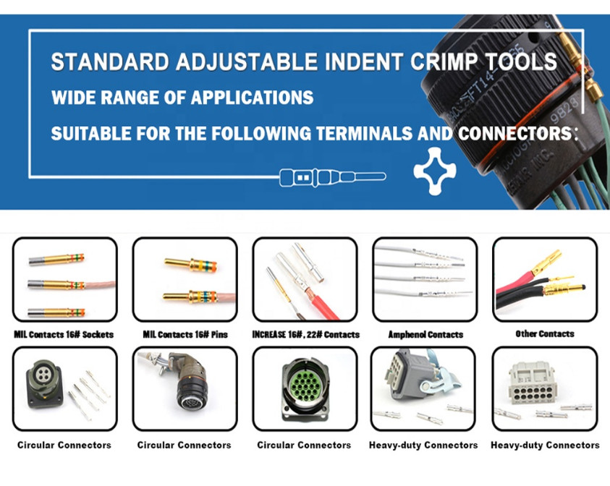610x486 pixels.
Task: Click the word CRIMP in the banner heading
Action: (x=444, y=61)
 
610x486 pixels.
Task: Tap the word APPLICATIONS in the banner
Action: (x=252, y=97)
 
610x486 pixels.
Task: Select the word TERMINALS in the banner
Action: (x=364, y=133)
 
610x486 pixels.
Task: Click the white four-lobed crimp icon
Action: (x=435, y=171)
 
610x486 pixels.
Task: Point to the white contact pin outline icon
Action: (x=333, y=177)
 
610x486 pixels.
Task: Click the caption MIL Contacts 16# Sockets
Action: (x=64, y=334)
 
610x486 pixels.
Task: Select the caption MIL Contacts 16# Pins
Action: (x=185, y=334)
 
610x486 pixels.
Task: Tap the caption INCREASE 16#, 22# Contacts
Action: (x=306, y=334)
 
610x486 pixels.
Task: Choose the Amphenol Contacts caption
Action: (x=425, y=334)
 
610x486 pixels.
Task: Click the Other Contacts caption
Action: (x=545, y=333)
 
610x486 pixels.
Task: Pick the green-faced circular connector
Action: (x=305, y=390)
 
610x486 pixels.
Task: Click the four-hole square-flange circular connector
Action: (x=44, y=384)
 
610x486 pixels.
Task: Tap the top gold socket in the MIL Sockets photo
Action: (x=56, y=260)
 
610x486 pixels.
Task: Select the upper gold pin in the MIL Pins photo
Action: (x=190, y=265)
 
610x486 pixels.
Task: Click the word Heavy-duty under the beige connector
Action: (x=514, y=445)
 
